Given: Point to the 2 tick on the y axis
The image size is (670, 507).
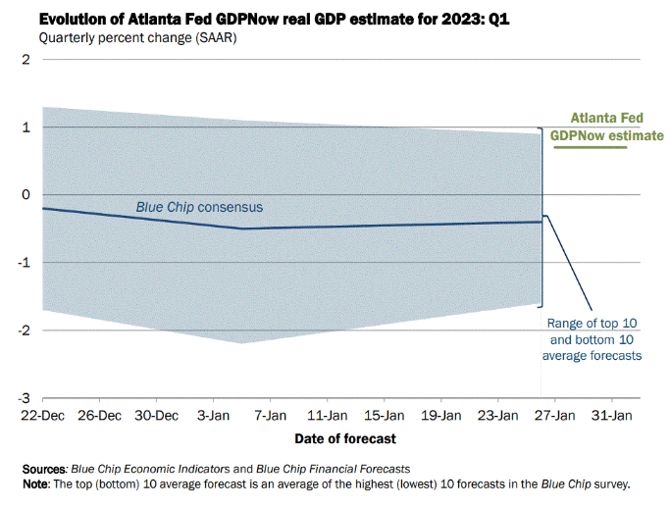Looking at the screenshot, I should (26, 59).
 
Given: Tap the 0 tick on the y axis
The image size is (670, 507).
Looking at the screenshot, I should (26, 195).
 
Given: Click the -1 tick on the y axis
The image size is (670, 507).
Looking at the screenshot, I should (25, 263).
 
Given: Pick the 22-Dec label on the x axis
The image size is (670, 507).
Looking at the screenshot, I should (43, 415).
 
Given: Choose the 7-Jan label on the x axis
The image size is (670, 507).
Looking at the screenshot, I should (271, 415).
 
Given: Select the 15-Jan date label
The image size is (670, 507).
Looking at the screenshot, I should (385, 415).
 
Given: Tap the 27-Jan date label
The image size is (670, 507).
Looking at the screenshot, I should (555, 415).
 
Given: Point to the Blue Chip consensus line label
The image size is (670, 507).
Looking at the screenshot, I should (199, 207).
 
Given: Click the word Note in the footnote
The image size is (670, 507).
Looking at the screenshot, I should (38, 484).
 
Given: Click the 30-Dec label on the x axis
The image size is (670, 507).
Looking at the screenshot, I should (157, 415).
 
